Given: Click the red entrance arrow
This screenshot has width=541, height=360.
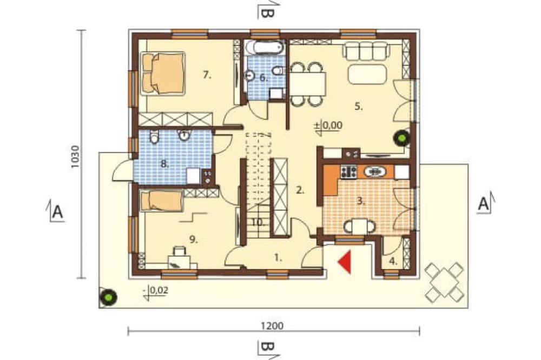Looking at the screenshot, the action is point(346,262).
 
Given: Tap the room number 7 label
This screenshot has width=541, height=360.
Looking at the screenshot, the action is point(207,75).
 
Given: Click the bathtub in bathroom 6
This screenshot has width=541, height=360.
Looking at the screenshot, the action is point(265,48).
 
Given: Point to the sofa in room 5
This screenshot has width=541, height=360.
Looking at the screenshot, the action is point(366,50).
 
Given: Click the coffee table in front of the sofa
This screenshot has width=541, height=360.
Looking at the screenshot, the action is point(367,74).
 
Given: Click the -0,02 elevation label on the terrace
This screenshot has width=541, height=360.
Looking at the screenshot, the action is point(155,290).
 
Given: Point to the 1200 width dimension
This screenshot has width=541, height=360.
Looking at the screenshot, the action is point(272,325).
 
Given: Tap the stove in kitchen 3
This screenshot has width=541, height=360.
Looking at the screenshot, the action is point(348,172).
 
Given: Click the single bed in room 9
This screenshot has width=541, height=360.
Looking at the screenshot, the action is point(161,201).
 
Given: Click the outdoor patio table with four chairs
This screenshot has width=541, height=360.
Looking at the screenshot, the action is point(444,282).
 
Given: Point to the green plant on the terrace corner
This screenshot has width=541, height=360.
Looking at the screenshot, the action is point(108,297).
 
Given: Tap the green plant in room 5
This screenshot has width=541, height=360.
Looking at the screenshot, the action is point(401,138).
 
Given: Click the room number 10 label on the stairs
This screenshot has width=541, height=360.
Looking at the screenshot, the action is point(258,223).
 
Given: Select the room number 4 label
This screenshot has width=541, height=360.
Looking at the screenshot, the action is point(393,261).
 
